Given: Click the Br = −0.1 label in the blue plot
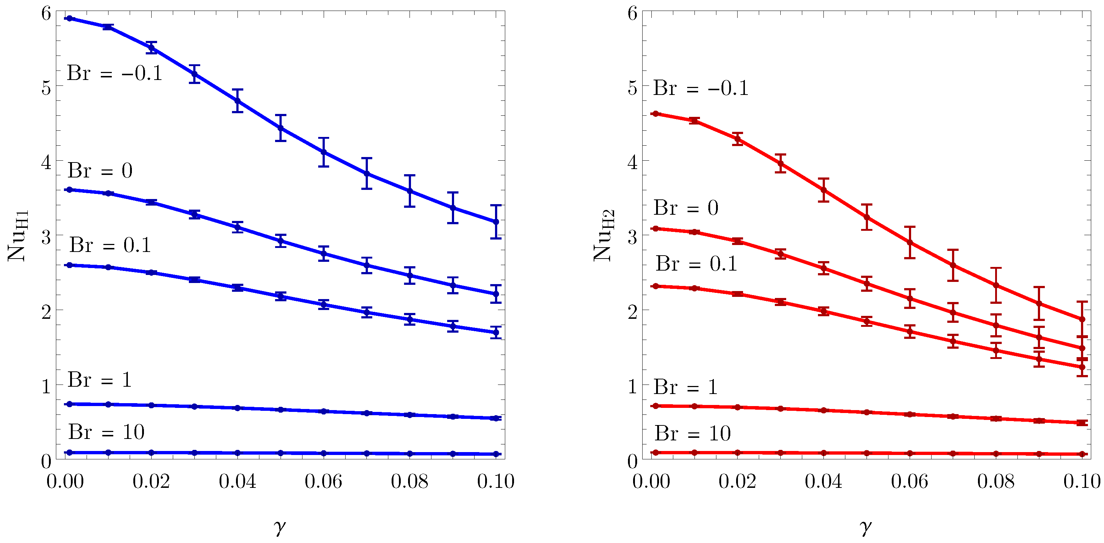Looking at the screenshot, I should pos(114,73).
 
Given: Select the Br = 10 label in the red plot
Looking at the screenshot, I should pos(692,433).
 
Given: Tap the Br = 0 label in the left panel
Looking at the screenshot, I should pos(100,171).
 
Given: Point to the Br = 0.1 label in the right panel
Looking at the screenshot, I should pos(696,263).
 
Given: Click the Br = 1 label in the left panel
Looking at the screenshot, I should pos(99,379).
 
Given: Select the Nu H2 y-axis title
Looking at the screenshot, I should pos(604,235).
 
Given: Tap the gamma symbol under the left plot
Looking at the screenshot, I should pos(279,526).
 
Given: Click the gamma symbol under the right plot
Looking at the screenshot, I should pos(866,526).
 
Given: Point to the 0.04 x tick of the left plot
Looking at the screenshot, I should pos(237,481).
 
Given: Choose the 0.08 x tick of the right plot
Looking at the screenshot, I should pos(995,481).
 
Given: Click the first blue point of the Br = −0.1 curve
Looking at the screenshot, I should pos(69,18).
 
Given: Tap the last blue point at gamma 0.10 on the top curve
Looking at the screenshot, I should pos(496,222).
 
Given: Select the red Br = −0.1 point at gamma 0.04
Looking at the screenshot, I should pos(823,190).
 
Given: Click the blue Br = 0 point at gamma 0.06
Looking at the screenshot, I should pos(324,253).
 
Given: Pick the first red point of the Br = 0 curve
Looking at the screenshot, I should pos(655,229).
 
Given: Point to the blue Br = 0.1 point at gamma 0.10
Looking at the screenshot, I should pos(496,332).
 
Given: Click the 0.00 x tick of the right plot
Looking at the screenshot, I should pos(651,481).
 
